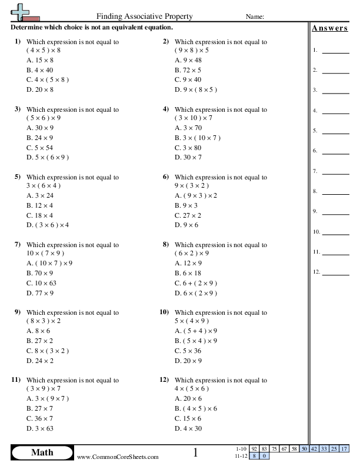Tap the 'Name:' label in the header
click(254, 16)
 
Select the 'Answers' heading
click(329, 28)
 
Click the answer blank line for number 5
click(336, 132)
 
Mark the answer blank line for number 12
click(336, 274)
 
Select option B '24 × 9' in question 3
click(40, 138)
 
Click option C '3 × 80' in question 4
click(188, 147)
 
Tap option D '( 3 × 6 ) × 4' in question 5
click(48, 225)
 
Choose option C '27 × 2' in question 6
click(188, 215)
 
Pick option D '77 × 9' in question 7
click(40, 292)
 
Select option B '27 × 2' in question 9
click(40, 341)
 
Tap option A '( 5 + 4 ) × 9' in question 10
click(196, 331)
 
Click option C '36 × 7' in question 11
click(40, 418)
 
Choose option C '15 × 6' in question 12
click(188, 418)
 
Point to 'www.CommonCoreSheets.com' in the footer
click(118, 457)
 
